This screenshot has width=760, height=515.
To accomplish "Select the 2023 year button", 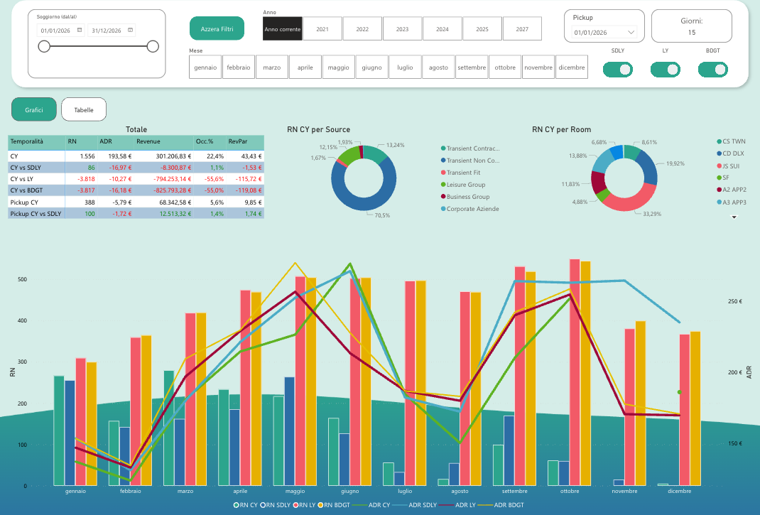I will (402, 28).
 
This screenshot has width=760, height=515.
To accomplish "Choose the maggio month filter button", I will (339, 67).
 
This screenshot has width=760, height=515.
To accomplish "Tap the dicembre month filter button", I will (572, 67).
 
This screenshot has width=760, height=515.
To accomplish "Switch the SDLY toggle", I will (618, 70).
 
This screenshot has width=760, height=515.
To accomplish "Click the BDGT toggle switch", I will (712, 70).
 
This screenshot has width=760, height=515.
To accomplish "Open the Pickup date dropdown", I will (604, 33).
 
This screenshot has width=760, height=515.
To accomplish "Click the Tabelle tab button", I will (84, 109).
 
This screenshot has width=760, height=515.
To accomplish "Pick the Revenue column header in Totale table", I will (148, 141).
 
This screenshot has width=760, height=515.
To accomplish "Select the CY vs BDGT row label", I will (27, 190).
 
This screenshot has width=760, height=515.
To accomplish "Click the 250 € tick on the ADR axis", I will (734, 302).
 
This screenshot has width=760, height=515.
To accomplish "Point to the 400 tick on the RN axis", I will (23, 320).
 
